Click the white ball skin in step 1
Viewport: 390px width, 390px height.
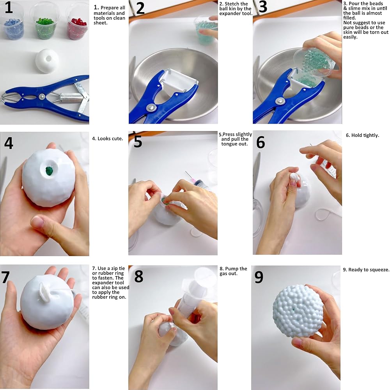(47, 61)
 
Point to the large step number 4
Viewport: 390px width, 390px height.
(9, 143)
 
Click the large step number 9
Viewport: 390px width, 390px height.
(259, 277)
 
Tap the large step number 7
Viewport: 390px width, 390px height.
(5, 277)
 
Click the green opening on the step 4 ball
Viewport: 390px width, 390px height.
(49, 171)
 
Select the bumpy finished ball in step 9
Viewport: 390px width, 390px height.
(298, 311)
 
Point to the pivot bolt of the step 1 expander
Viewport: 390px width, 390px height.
(42, 96)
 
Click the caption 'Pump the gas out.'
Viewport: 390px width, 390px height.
(233, 271)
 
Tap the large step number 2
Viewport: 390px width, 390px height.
(140, 8)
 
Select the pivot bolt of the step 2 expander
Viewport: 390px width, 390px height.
(151, 108)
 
